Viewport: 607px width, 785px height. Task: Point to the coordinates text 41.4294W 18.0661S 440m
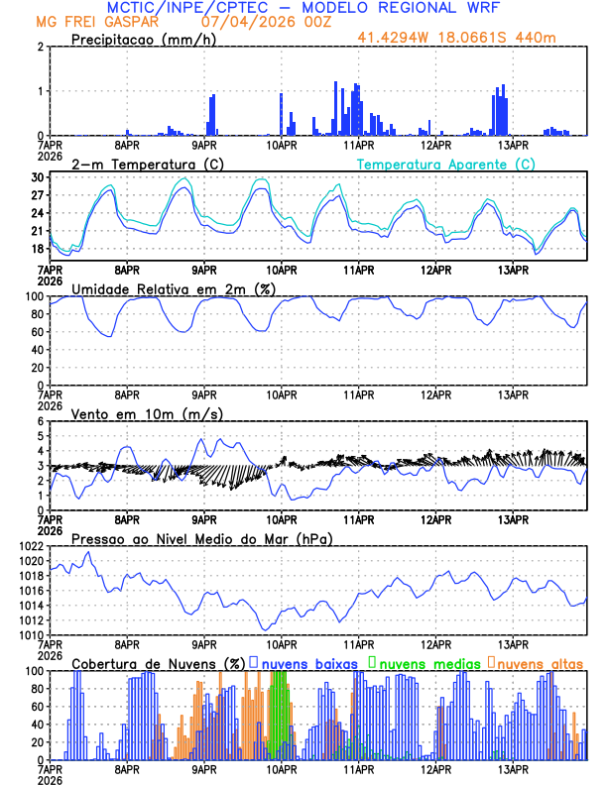470,38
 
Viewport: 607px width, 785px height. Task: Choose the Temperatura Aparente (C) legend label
445,164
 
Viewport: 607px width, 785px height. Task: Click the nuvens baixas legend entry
308,663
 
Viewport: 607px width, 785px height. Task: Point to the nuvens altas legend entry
540,663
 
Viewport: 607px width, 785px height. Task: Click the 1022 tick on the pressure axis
31,546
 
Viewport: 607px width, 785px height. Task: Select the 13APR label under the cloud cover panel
513,769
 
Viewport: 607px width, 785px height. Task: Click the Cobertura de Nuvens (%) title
159,663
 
